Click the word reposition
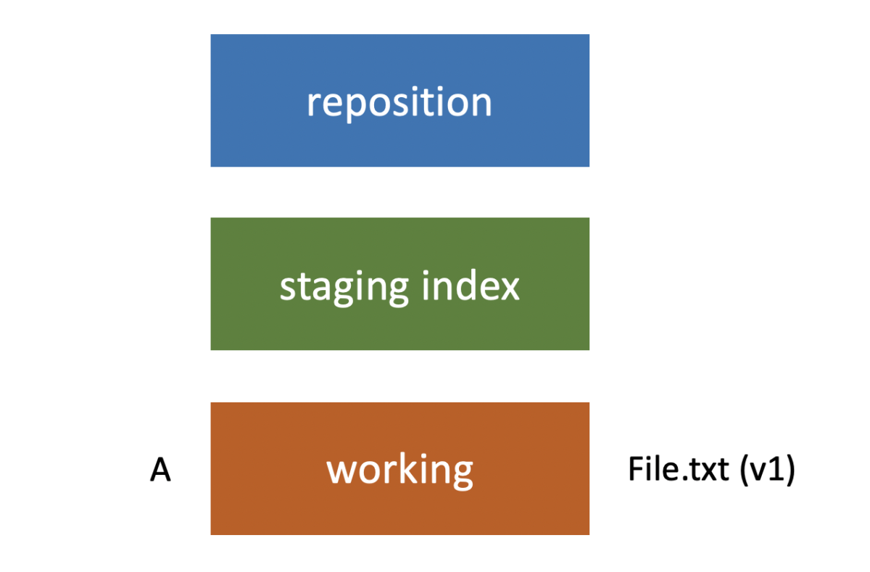399,103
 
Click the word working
399,471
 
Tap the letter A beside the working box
160,471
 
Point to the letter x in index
510,289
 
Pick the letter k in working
408,470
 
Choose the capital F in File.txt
635,470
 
